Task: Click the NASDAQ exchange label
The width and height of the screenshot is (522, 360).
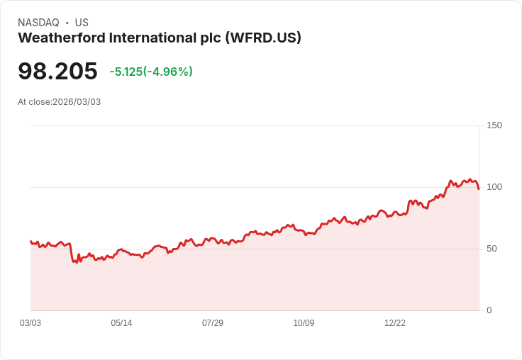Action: pyautogui.click(x=38, y=23)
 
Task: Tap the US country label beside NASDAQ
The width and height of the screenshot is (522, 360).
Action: pyautogui.click(x=82, y=23)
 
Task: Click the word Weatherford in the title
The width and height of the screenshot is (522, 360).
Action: pyautogui.click(x=58, y=38)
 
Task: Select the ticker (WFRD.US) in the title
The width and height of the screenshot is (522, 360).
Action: pyautogui.click(x=262, y=38)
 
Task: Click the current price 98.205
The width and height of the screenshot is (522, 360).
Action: pyautogui.click(x=57, y=71)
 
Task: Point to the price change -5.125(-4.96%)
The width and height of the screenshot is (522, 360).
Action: pyautogui.click(x=151, y=72)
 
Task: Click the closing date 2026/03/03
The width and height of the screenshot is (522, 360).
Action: pyautogui.click(x=77, y=102)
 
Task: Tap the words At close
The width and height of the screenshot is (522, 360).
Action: pyautogui.click(x=34, y=102)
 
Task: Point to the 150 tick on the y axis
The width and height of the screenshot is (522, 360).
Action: pyautogui.click(x=494, y=125)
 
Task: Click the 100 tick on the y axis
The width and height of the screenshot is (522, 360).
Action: pyautogui.click(x=494, y=187)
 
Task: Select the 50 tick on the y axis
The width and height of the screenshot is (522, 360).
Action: pyautogui.click(x=492, y=249)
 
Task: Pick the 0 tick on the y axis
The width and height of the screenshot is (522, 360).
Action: pyautogui.click(x=489, y=310)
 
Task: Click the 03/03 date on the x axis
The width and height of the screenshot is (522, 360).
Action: pyautogui.click(x=30, y=323)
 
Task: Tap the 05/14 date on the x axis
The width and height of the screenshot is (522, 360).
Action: pyautogui.click(x=121, y=323)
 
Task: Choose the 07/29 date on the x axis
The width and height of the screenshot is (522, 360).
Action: pyautogui.click(x=213, y=323)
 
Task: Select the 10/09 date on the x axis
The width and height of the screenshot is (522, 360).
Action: pyautogui.click(x=304, y=323)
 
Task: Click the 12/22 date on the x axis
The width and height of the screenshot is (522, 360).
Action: pyautogui.click(x=395, y=323)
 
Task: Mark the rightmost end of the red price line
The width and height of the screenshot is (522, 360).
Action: pyautogui.click(x=479, y=189)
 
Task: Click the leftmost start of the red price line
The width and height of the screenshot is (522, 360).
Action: pyautogui.click(x=30, y=242)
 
